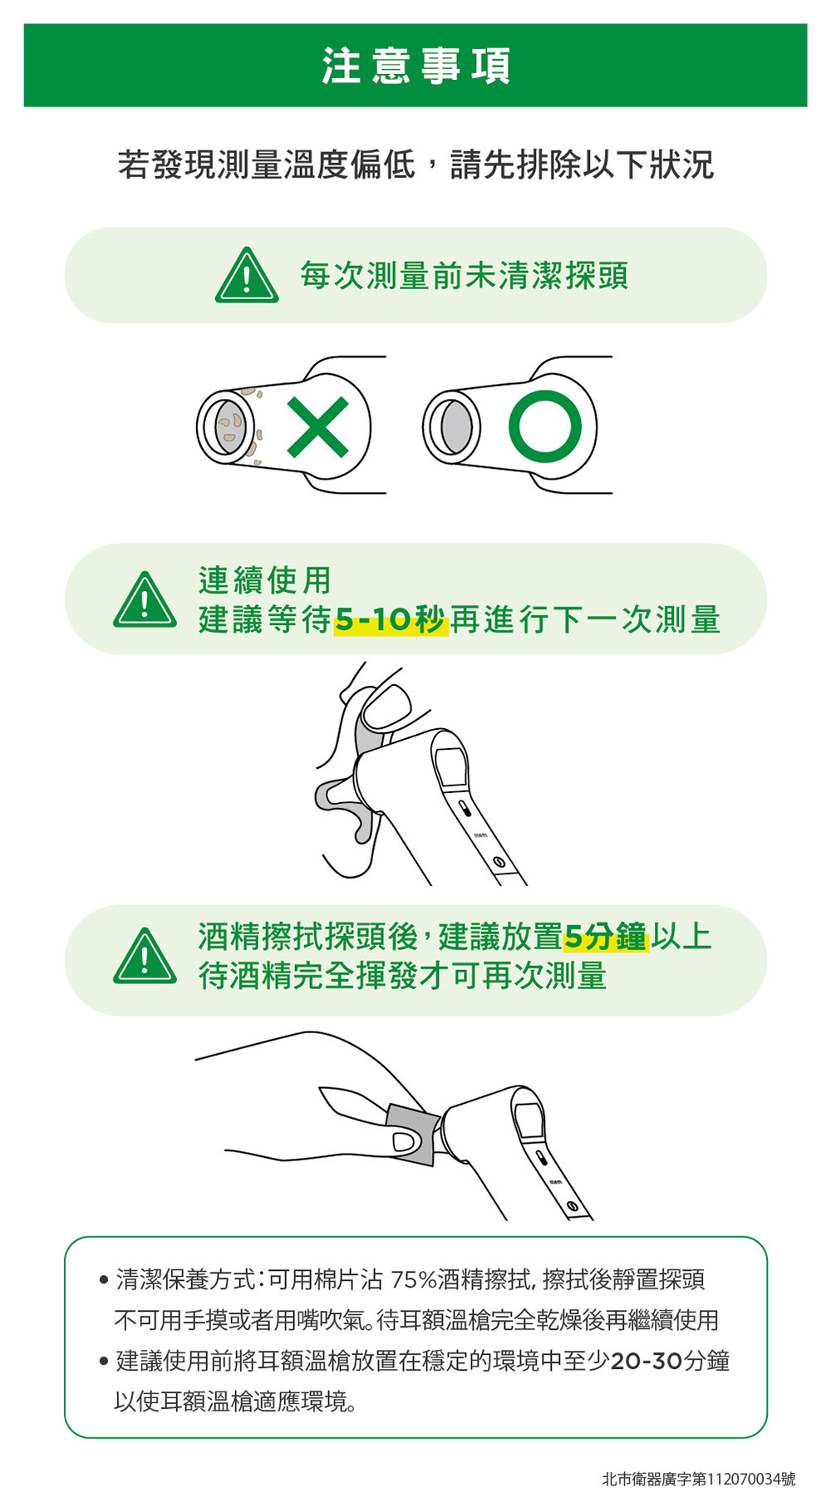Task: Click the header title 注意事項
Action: pos(415,66)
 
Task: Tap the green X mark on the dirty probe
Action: pos(317,427)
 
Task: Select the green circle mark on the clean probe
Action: pos(545,426)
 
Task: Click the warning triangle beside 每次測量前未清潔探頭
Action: pos(247,275)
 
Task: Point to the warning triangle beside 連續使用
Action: pos(145,599)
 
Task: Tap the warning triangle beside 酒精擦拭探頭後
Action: pos(145,956)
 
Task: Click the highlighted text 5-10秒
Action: pos(391,620)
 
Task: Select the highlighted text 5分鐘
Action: pos(605,938)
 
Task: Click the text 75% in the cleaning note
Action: pos(413,1279)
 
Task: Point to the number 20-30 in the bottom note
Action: pos(646,1362)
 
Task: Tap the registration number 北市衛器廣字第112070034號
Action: pos(698,1479)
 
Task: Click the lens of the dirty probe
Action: pos(230,427)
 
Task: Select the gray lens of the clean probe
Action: pos(456,427)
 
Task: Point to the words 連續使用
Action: pos(264,580)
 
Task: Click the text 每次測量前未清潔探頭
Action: pos(464,275)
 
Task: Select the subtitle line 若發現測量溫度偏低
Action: pos(266,165)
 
